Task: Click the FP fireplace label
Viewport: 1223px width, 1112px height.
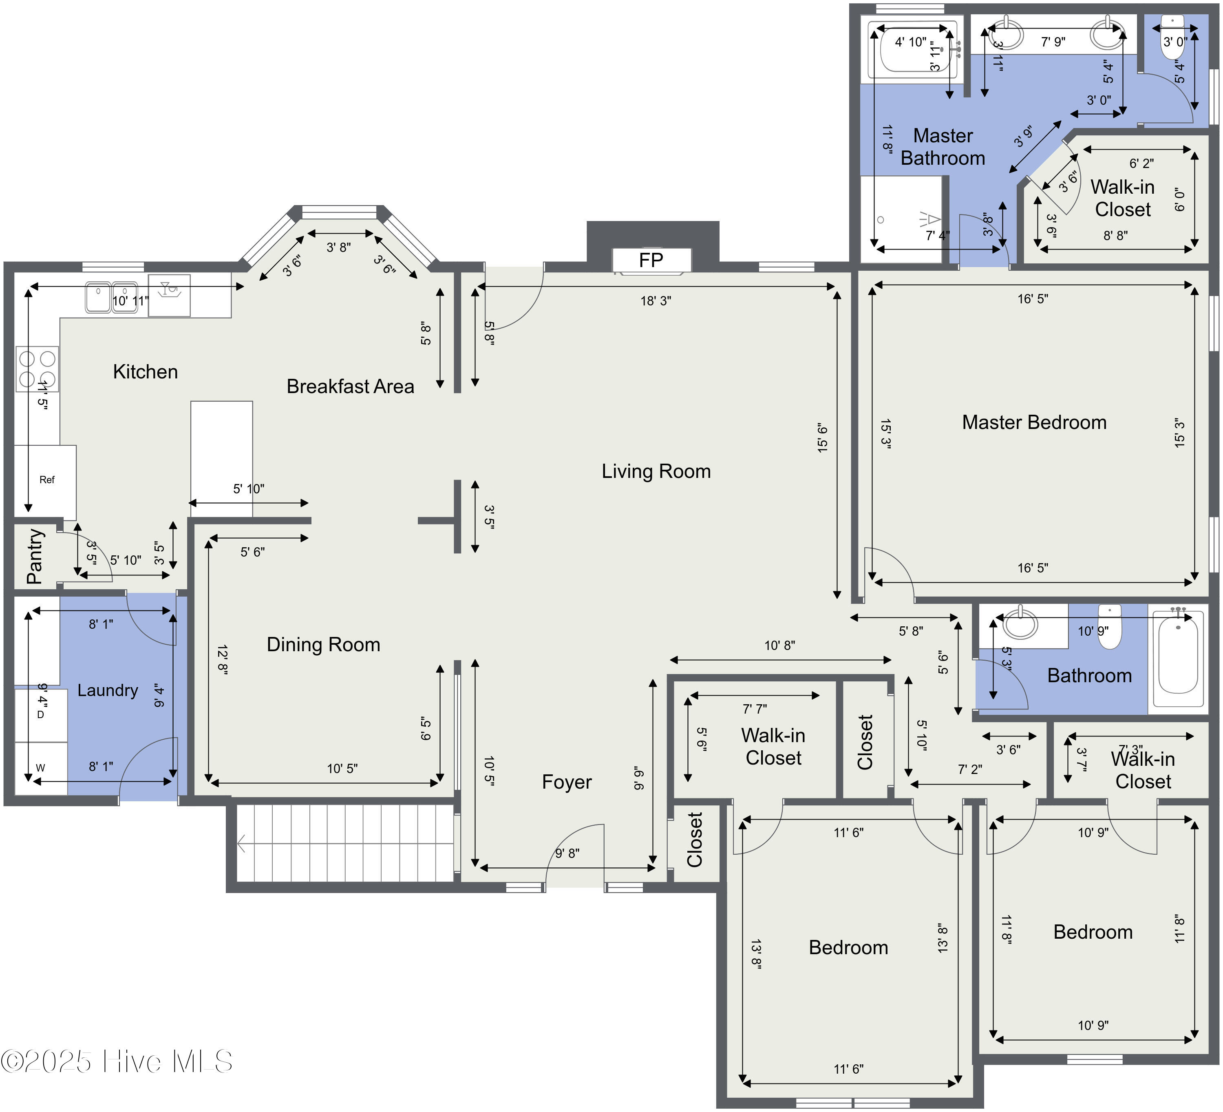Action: point(651,260)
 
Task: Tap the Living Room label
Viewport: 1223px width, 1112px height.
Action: point(656,471)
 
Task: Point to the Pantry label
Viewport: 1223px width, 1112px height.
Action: point(35,556)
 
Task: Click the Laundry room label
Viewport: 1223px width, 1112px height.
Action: point(107,690)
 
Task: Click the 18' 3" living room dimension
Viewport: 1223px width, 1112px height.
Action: point(656,301)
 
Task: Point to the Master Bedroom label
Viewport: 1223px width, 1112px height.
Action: point(1034,422)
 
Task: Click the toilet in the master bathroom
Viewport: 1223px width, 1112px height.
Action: point(1172,38)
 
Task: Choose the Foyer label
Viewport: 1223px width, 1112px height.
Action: point(567,782)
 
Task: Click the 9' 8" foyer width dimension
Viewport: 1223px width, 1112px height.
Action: point(567,853)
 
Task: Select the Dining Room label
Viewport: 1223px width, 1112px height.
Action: point(323,644)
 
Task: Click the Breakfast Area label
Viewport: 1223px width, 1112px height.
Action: point(350,387)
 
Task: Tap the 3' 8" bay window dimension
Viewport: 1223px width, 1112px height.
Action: point(338,248)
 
